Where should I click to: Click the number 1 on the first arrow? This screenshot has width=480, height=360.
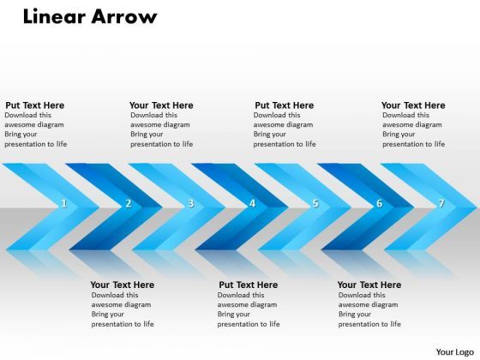[64, 204]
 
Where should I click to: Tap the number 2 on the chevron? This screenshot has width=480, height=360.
[128, 204]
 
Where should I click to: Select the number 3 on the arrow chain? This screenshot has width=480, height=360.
[190, 204]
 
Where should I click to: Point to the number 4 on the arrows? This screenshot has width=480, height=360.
[252, 204]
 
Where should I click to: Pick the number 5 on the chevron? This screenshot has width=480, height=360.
[315, 204]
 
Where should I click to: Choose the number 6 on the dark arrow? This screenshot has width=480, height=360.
[379, 204]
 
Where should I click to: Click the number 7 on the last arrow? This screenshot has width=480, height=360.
[441, 204]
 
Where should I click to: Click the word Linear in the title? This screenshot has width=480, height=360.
[49, 16]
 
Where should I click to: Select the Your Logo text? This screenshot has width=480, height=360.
[455, 351]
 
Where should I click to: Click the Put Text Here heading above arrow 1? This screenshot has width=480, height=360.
[34, 105]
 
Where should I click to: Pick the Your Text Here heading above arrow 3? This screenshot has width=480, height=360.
[161, 105]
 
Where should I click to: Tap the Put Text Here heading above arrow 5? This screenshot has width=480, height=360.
[284, 105]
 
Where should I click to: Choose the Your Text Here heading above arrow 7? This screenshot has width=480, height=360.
[413, 105]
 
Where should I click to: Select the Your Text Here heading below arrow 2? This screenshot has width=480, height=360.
[123, 285]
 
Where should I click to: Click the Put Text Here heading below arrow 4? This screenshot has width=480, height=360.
[249, 285]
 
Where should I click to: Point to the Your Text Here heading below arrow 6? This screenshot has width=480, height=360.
[369, 285]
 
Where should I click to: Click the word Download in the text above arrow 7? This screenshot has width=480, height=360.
[399, 115]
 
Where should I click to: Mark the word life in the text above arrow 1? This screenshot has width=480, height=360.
[60, 144]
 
